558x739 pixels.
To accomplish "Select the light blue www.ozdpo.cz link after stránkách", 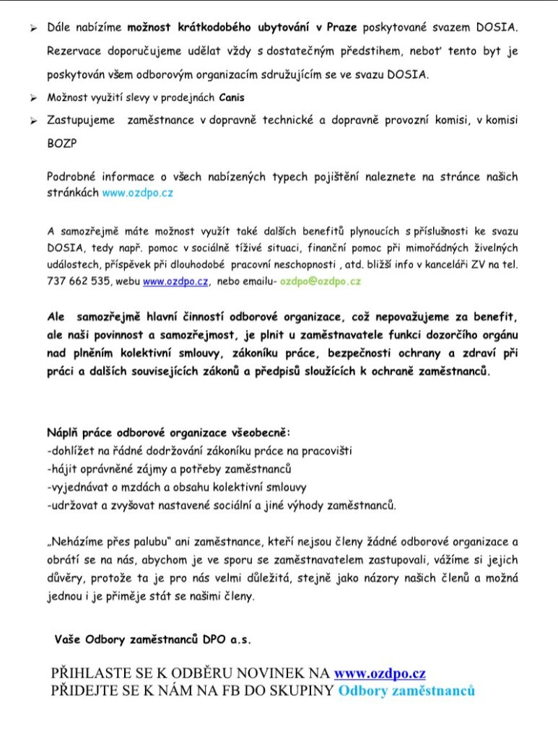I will (x=138, y=193).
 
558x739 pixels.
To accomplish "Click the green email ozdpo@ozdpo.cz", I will (x=321, y=281).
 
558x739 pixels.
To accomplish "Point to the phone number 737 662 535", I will (x=78, y=281).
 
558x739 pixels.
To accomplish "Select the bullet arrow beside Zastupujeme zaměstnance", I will (x=32, y=121).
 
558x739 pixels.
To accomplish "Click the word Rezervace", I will (x=76, y=52).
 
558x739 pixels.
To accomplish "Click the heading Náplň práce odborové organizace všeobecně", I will (x=168, y=434).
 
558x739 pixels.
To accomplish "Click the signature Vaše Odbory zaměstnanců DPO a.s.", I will (x=152, y=639).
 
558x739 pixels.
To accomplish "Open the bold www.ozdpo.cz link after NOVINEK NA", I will (x=380, y=673).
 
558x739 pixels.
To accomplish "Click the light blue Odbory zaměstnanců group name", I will (x=406, y=691).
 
